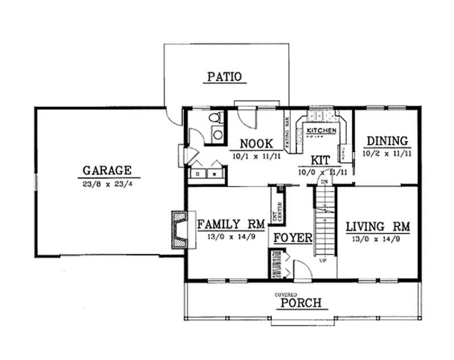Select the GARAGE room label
click(x=107, y=170)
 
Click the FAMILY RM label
click(x=231, y=225)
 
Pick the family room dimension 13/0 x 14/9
click(x=231, y=239)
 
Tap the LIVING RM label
click(x=378, y=226)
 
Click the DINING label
click(x=387, y=141)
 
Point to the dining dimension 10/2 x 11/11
click(x=387, y=154)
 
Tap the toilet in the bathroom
click(x=215, y=118)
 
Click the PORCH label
click(x=301, y=303)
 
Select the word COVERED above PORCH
click(x=286, y=294)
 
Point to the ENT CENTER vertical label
click(x=279, y=207)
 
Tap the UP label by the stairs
click(x=323, y=261)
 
